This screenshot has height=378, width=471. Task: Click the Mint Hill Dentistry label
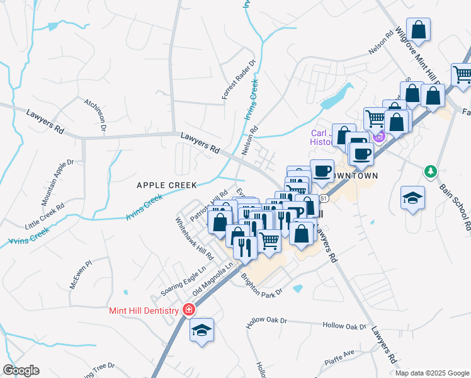[143, 309]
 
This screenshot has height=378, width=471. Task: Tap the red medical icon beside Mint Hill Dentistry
[188, 309]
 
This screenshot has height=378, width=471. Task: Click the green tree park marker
[431, 171]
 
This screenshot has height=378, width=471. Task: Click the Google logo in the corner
[21, 370]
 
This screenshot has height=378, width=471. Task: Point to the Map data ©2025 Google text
[431, 373]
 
